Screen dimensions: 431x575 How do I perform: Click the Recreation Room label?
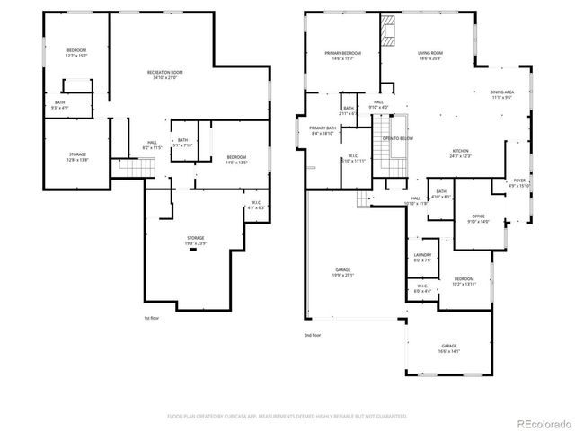point(165,75)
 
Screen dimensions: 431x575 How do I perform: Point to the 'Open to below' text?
point(398,139)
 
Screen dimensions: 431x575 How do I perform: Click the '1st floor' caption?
point(152,318)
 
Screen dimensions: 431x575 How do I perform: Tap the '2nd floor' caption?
point(311,335)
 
